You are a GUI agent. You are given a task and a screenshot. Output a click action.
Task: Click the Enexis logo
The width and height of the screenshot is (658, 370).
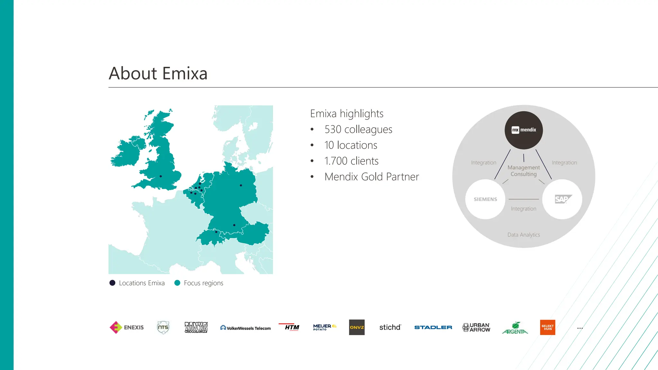127,327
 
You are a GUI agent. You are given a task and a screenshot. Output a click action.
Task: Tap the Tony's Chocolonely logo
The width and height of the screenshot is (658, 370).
196,327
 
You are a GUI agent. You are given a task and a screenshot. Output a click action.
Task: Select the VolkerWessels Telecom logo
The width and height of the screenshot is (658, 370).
245,328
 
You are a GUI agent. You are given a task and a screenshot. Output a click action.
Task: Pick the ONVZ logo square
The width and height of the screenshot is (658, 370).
357,327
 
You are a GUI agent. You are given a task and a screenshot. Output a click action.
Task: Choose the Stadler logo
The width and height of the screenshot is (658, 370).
433,327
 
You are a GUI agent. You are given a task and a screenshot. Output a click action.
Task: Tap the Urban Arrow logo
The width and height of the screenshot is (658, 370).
476,327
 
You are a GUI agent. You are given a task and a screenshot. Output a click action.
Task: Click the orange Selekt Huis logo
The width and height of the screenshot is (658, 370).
547,327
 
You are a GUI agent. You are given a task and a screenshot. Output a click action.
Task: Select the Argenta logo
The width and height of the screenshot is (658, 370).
515,328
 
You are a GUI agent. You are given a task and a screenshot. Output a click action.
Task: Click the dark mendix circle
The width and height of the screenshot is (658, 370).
524,130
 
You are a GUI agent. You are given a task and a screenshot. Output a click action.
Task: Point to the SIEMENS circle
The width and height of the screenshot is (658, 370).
485,199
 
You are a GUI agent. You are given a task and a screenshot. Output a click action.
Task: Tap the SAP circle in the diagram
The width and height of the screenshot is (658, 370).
562,199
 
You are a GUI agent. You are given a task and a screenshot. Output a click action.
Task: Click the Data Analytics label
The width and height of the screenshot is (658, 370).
524,235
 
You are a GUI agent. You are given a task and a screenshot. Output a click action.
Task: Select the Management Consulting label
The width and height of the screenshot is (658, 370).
524,171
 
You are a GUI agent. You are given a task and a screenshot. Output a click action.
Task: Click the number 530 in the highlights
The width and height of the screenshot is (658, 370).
333,129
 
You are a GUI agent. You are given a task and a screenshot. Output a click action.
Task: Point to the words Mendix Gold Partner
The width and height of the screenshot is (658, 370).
372,177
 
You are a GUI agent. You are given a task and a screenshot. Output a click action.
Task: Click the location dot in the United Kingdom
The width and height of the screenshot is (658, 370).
161,176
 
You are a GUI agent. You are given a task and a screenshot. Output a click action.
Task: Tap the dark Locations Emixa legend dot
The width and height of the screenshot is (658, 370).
112,283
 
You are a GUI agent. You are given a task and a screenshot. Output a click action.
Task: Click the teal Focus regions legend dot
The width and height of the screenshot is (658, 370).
177,283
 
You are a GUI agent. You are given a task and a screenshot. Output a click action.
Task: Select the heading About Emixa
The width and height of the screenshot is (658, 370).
158,73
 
